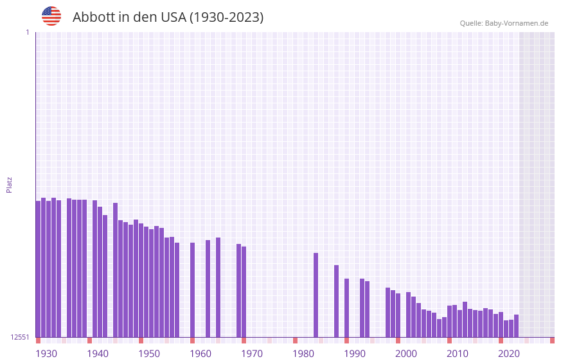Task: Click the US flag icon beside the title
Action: click(x=51, y=16)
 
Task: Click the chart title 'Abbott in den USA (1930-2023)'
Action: click(x=168, y=17)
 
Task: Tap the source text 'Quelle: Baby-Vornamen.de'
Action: click(x=504, y=23)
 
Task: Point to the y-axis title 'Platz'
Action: click(x=9, y=184)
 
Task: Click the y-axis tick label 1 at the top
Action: click(x=27, y=32)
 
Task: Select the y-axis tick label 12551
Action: click(x=19, y=337)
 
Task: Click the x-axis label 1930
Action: click(x=46, y=354)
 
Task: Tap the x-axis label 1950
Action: click(x=149, y=354)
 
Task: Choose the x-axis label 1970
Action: click(x=252, y=354)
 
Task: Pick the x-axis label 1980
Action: click(x=303, y=354)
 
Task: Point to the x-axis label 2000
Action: click(x=406, y=354)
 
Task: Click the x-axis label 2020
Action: click(x=509, y=354)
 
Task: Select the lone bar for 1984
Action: click(x=316, y=295)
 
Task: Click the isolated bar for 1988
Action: click(x=336, y=301)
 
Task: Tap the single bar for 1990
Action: click(x=346, y=308)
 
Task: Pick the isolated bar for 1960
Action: click(x=192, y=290)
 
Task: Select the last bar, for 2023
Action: click(x=516, y=326)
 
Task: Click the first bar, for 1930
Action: click(x=38, y=269)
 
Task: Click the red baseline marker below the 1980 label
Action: click(x=295, y=340)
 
